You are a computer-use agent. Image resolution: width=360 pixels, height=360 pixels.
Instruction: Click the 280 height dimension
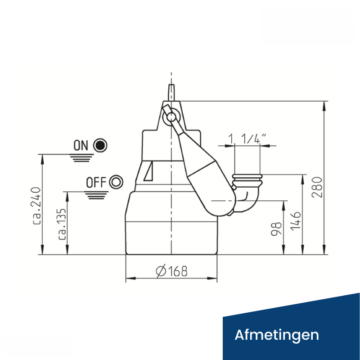point(318,187)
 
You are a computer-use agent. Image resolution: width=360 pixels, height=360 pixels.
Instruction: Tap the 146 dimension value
point(296,220)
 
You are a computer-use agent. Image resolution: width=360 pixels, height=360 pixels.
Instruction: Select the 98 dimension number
point(276,229)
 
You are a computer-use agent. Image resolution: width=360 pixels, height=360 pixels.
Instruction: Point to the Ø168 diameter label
point(171,271)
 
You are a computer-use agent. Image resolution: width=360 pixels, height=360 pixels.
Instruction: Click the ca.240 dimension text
point(36,206)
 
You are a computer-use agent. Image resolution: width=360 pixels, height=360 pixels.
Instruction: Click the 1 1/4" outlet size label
point(247,139)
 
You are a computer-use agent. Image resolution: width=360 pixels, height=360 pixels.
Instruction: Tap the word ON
point(81,145)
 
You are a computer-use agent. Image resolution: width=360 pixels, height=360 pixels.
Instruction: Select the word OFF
point(96,182)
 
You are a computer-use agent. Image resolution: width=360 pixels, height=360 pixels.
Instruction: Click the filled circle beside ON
point(100,145)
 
